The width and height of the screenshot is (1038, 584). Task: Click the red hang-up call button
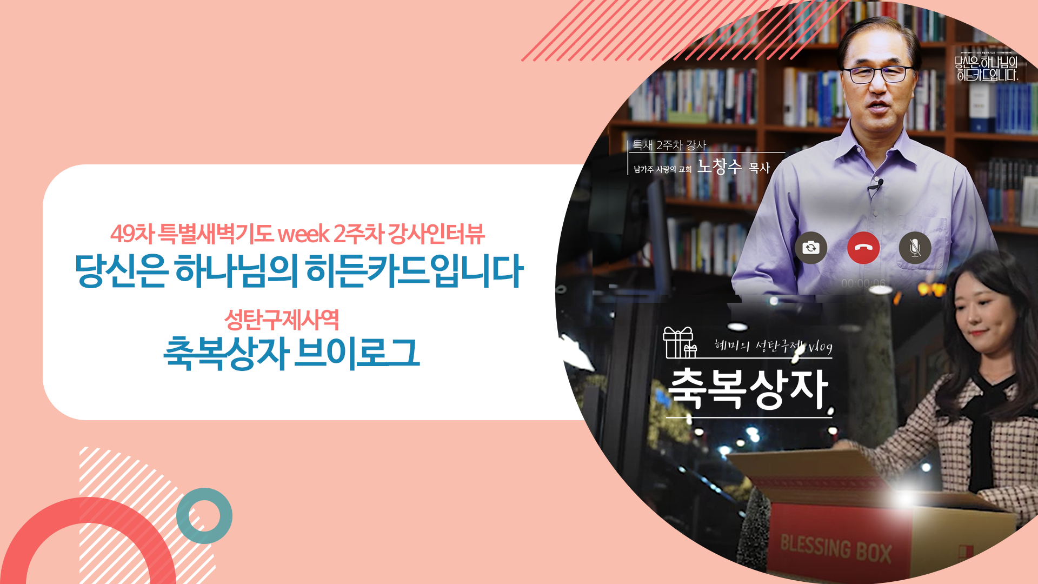tap(863, 248)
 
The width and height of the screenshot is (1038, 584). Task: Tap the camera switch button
tap(810, 248)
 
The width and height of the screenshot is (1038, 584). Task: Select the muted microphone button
tap(915, 248)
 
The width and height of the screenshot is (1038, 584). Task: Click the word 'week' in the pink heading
tap(303, 234)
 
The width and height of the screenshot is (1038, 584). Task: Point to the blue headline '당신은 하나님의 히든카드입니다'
tap(298, 270)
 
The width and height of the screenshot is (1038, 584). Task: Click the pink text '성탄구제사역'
tap(281, 320)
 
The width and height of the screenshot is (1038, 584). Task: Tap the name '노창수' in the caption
tap(719, 167)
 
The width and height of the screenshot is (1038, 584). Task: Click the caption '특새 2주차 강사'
tap(669, 145)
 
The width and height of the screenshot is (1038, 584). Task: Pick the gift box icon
tap(680, 343)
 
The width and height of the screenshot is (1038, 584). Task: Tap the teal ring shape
tap(204, 516)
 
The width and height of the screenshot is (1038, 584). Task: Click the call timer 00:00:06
tap(863, 283)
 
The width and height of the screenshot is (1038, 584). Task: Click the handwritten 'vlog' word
tap(820, 347)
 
